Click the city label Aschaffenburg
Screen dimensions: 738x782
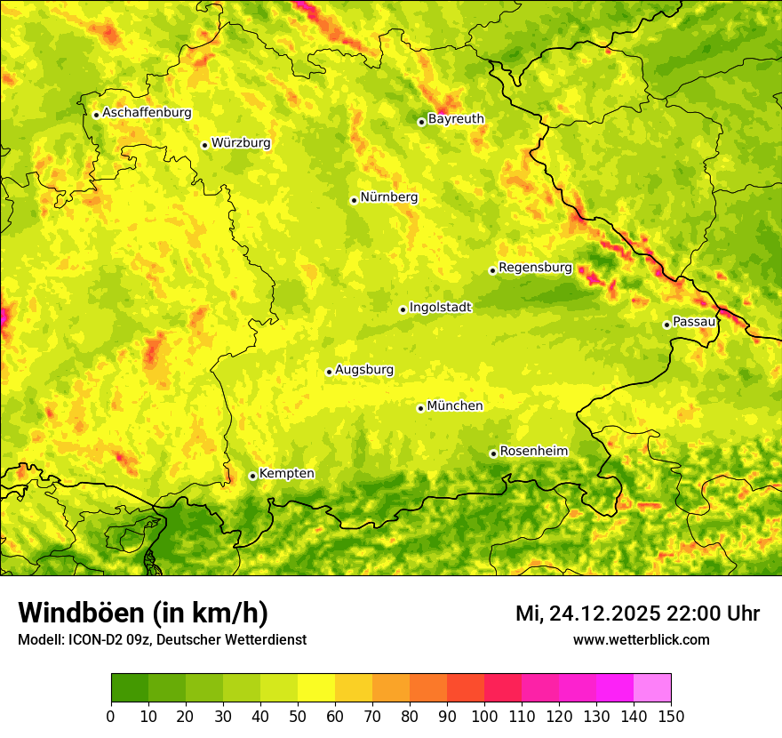(x=147, y=113)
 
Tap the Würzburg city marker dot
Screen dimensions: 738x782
(x=204, y=145)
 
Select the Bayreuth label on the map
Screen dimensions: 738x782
(x=456, y=119)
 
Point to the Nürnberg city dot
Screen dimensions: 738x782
(x=354, y=200)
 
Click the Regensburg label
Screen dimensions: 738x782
(x=535, y=268)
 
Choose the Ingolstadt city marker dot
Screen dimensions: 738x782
(x=403, y=310)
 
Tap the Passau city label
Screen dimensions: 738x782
(x=694, y=322)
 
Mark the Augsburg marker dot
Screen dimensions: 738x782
(x=329, y=372)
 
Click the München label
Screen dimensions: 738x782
(x=455, y=406)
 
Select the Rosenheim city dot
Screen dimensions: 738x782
(x=493, y=453)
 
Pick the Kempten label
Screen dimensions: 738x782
(x=286, y=474)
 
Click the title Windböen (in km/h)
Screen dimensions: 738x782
(x=143, y=614)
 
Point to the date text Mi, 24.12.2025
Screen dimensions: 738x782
(x=587, y=614)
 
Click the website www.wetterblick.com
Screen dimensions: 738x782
(x=641, y=639)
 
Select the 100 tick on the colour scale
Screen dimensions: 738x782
(x=484, y=716)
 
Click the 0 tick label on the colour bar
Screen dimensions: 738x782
(x=111, y=716)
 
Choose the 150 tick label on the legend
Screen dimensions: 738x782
(x=671, y=716)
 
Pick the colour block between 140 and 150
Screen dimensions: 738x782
(x=652, y=688)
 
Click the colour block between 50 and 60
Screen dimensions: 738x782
(x=316, y=688)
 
